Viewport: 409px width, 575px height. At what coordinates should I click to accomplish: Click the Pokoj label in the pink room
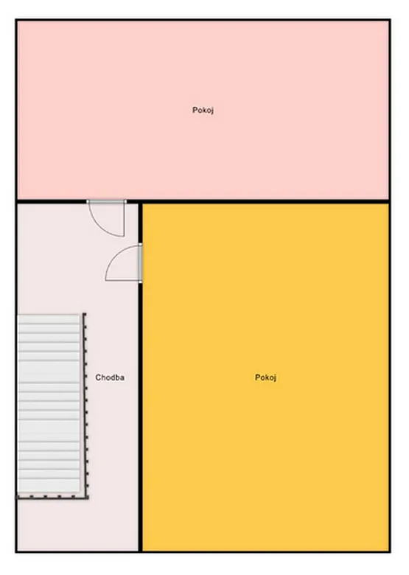click(203, 110)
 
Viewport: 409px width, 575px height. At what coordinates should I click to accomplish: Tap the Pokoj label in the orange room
click(266, 377)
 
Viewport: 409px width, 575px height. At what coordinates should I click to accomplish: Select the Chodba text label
click(110, 377)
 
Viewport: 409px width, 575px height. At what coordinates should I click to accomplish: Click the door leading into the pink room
click(106, 217)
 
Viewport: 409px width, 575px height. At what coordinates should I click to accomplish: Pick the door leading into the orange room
click(124, 263)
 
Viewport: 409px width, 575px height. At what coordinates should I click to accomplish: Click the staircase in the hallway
click(49, 403)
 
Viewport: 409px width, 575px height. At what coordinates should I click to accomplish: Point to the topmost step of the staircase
click(49, 319)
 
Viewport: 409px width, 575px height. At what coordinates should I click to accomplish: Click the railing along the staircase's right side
click(85, 405)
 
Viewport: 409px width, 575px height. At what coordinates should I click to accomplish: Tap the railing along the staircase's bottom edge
click(53, 498)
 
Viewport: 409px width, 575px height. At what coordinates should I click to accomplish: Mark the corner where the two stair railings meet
click(88, 498)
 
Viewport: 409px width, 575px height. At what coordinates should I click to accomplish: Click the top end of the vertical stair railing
click(84, 314)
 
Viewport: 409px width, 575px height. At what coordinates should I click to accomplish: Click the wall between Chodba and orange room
click(140, 417)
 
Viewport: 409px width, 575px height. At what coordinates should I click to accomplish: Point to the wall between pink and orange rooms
click(266, 202)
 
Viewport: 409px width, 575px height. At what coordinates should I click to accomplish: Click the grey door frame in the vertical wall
click(140, 263)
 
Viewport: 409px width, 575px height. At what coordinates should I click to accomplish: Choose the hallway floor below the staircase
click(77, 525)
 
